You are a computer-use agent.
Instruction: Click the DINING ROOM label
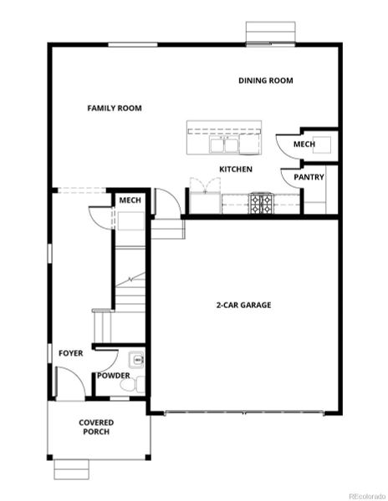pos(265,81)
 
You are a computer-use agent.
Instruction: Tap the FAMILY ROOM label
pos(115,108)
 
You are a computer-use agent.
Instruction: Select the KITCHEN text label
pos(236,170)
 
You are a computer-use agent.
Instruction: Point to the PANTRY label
pos(309,177)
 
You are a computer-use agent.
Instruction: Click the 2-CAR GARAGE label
pos(243,305)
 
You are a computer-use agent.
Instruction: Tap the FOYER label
pos(70,353)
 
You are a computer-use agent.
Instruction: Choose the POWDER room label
pos(113,375)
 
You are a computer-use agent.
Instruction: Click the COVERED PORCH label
pos(96,428)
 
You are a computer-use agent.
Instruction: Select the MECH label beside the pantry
pos(304,144)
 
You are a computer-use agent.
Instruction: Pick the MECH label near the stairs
pos(130,200)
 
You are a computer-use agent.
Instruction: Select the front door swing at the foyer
pos(69,382)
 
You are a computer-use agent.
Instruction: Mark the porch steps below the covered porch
pos(71,470)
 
